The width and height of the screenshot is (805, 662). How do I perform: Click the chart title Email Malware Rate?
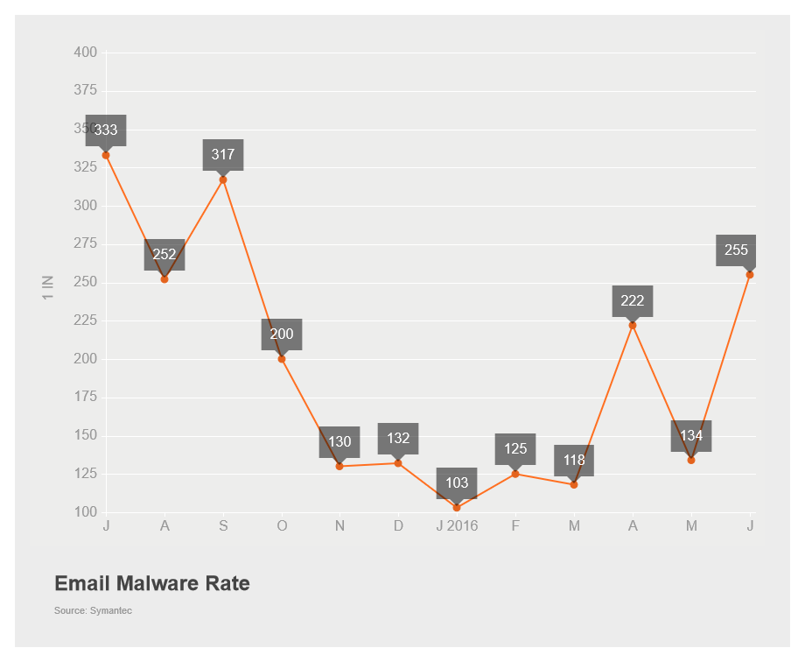pyautogui.click(x=152, y=583)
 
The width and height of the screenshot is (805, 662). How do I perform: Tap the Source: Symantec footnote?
pyautogui.click(x=93, y=610)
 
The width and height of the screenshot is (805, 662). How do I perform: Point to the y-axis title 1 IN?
pyautogui.click(x=48, y=288)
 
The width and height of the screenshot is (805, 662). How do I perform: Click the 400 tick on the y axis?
pyautogui.click(x=85, y=53)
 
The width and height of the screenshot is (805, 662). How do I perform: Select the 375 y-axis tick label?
pyautogui.click(x=85, y=91)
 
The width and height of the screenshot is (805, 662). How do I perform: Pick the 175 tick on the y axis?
pyautogui.click(x=85, y=398)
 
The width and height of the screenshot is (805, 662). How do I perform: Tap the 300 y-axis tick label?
pyautogui.click(x=85, y=206)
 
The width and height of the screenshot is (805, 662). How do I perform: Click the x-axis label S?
pyautogui.click(x=223, y=525)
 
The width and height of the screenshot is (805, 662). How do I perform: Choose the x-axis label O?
pyautogui.click(x=282, y=525)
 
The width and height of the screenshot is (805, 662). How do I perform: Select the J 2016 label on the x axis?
pyautogui.click(x=457, y=525)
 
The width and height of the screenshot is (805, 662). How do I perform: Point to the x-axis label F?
pyautogui.click(x=515, y=525)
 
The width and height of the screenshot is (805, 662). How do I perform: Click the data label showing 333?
pyautogui.click(x=106, y=130)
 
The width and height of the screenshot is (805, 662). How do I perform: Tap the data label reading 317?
pyautogui.click(x=223, y=155)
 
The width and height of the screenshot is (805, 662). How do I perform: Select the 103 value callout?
pyautogui.click(x=457, y=482)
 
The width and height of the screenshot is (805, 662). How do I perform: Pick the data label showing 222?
pyautogui.click(x=633, y=301)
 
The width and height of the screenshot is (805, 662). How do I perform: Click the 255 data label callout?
pyautogui.click(x=736, y=250)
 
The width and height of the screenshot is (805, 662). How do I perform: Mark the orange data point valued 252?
pyautogui.click(x=164, y=279)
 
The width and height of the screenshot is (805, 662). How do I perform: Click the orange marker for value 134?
pyautogui.click(x=691, y=460)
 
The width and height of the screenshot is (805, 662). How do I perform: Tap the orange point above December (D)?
pyautogui.click(x=398, y=463)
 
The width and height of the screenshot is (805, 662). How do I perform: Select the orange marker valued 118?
pyautogui.click(x=574, y=484)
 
